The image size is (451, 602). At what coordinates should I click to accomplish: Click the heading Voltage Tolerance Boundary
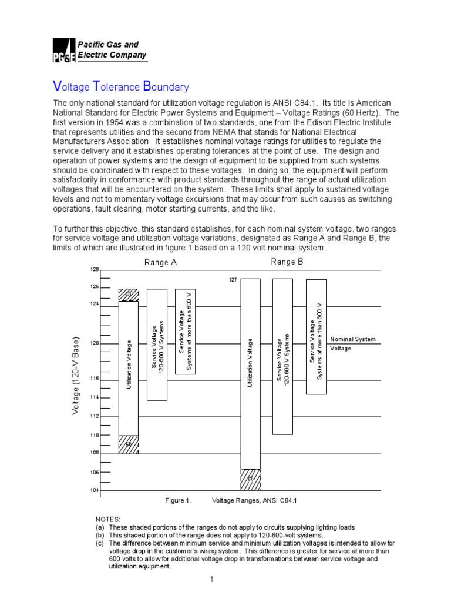[x=121, y=87]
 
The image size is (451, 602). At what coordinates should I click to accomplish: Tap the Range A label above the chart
[x=160, y=263]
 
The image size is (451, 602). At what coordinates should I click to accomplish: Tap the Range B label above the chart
[x=287, y=262]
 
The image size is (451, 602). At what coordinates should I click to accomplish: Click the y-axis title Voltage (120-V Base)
[x=75, y=376]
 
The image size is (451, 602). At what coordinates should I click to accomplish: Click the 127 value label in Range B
[x=233, y=280]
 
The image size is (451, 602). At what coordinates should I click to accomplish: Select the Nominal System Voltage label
[x=352, y=344]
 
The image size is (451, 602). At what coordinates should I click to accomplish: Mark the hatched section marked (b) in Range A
[x=129, y=295]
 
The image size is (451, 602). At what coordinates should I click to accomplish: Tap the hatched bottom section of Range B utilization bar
[x=250, y=479]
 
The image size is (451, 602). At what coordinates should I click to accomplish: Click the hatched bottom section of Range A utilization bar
[x=129, y=444]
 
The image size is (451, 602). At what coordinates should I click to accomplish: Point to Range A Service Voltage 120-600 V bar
[x=157, y=345]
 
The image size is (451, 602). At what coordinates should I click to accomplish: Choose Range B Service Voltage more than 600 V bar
[x=316, y=336]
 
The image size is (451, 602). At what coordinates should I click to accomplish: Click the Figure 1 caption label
[x=179, y=500]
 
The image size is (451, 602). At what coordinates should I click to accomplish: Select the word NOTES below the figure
[x=107, y=520]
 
